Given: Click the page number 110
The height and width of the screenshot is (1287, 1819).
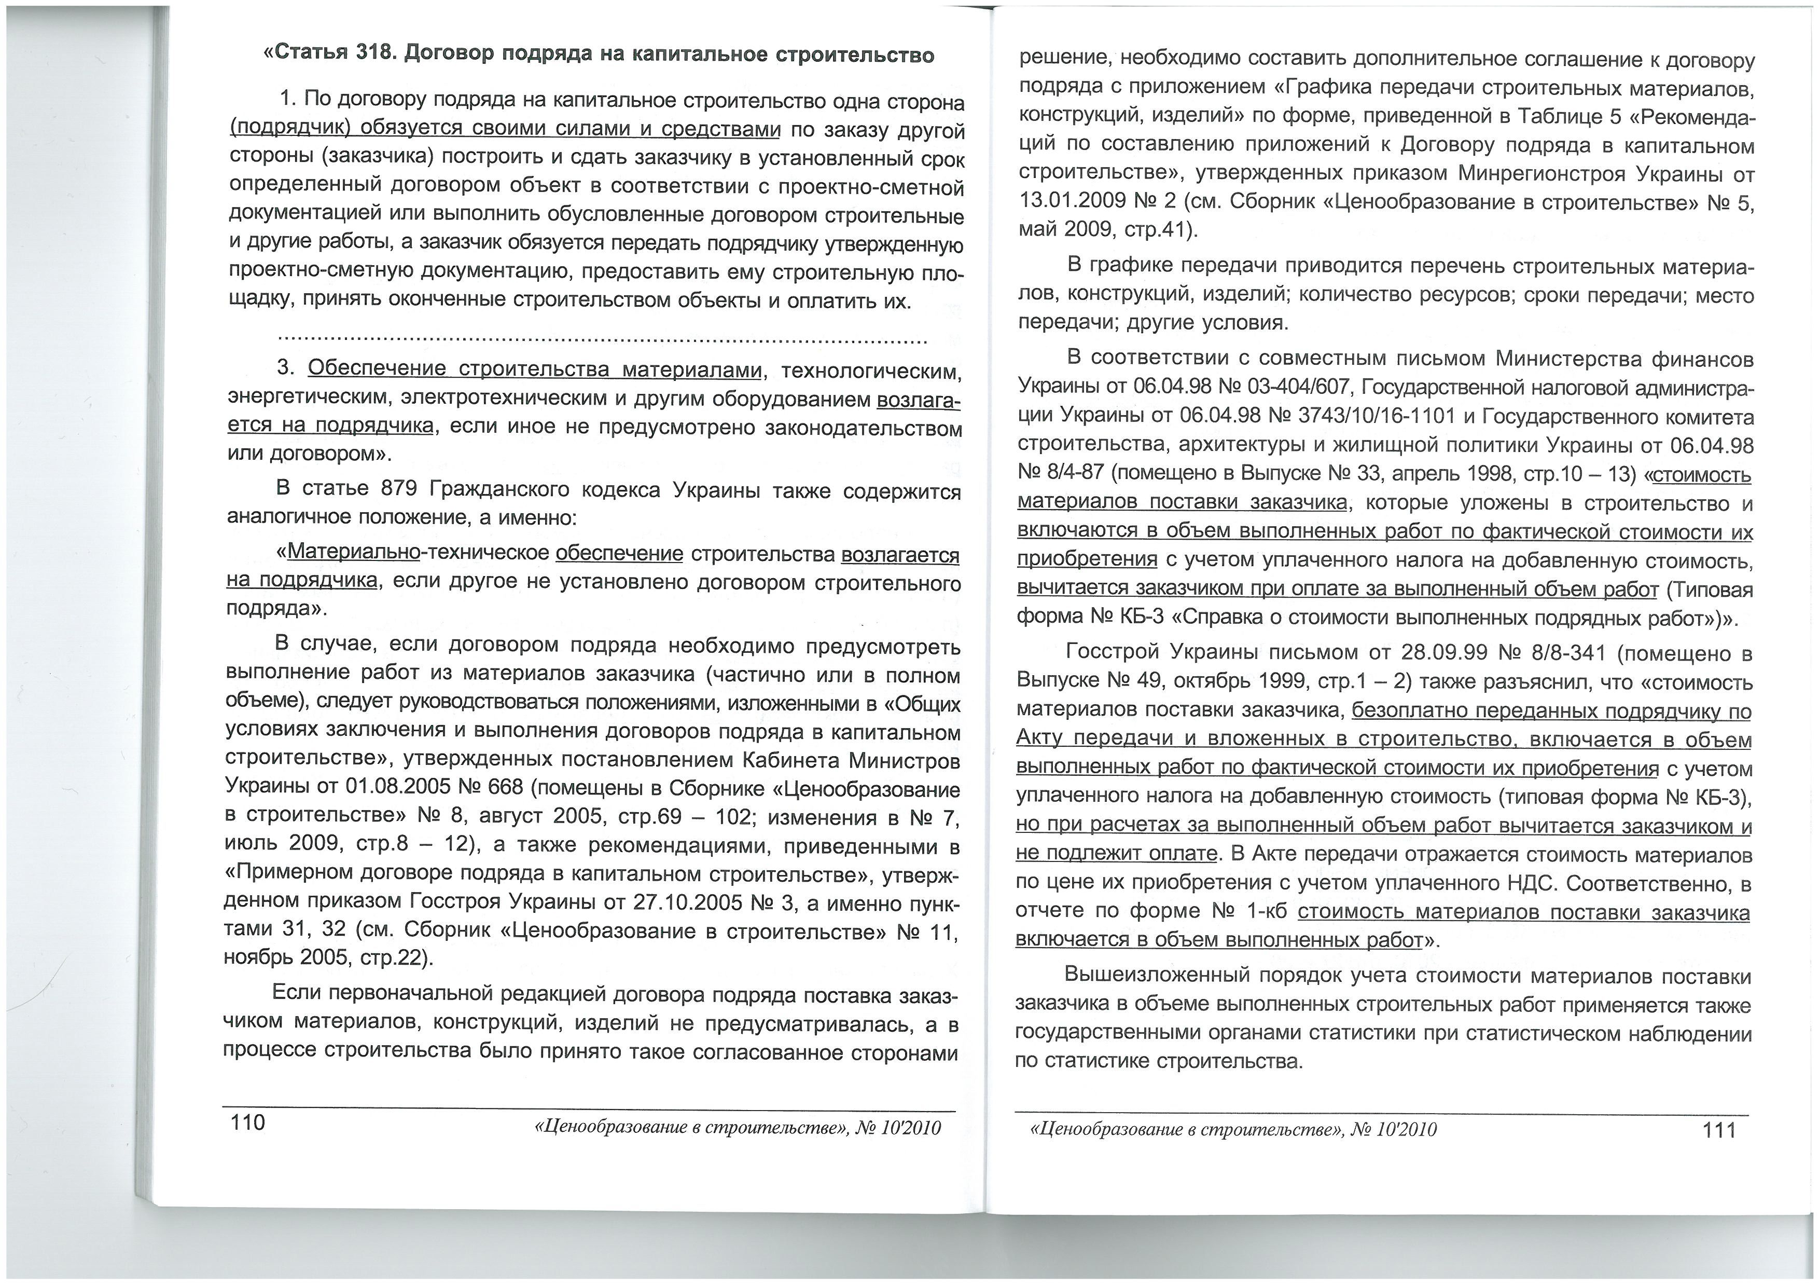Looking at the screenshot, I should click(247, 1123).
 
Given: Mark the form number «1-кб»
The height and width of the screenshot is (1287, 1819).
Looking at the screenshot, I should click(1266, 912).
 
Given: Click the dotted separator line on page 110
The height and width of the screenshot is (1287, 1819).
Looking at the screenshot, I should click(602, 341).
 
